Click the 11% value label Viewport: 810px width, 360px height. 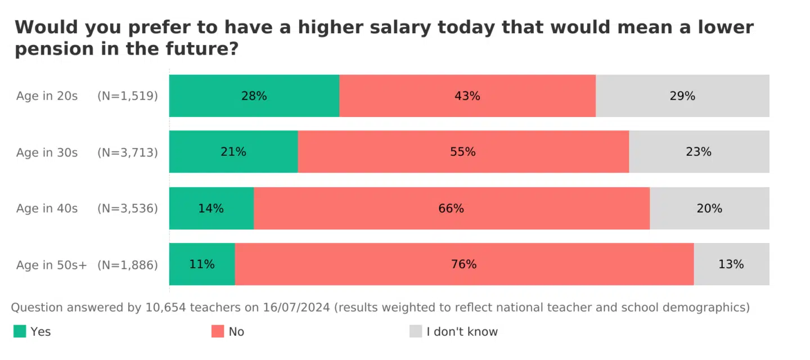[x=202, y=264]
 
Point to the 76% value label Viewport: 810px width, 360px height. [x=463, y=264]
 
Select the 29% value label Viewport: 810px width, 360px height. [x=682, y=96]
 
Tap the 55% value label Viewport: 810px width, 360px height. [x=463, y=152]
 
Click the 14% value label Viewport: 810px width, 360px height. [x=211, y=209]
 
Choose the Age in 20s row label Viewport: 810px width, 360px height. [x=47, y=96]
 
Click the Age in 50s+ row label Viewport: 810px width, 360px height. [x=51, y=265]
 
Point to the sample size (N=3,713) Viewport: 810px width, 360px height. [x=128, y=152]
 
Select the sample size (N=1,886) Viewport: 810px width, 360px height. [x=128, y=265]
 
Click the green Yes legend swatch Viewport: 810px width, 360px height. [x=20, y=331]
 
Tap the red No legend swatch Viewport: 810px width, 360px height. [x=218, y=331]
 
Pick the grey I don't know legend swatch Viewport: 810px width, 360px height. [x=416, y=331]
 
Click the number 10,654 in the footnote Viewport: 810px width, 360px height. [x=165, y=308]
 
